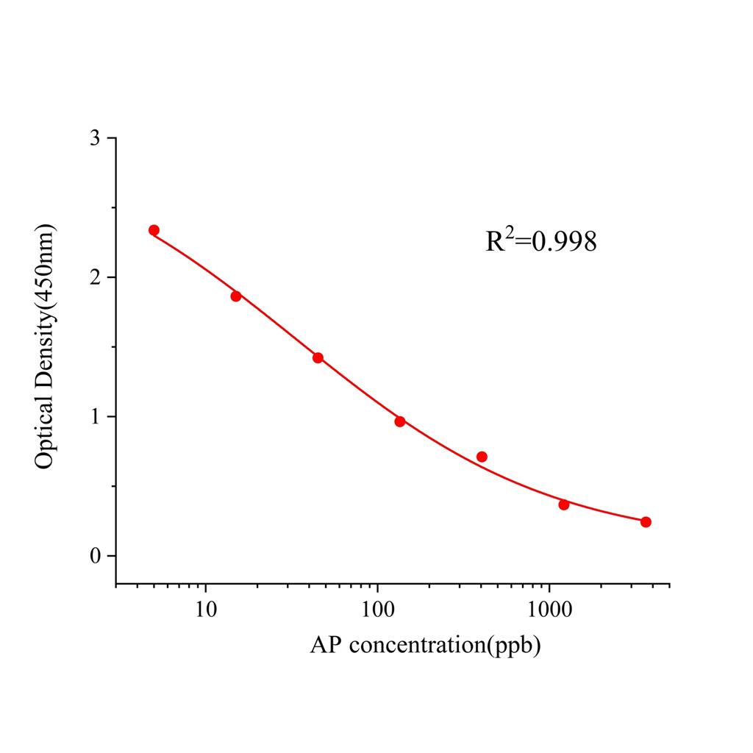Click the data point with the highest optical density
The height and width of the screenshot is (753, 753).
click(154, 230)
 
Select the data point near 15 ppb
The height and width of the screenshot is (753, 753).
click(236, 296)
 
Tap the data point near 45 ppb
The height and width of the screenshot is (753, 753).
click(318, 358)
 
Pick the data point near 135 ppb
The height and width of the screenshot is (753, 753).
click(400, 421)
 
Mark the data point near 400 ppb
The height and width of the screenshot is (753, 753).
click(482, 457)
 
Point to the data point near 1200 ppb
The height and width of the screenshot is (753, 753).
click(564, 504)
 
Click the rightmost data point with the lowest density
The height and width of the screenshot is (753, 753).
click(646, 522)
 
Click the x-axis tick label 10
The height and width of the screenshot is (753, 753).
click(205, 610)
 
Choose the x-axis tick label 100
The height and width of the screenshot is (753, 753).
click(377, 610)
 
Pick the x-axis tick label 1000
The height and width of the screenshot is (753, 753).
click(549, 610)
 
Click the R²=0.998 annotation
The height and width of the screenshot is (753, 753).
click(540, 240)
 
